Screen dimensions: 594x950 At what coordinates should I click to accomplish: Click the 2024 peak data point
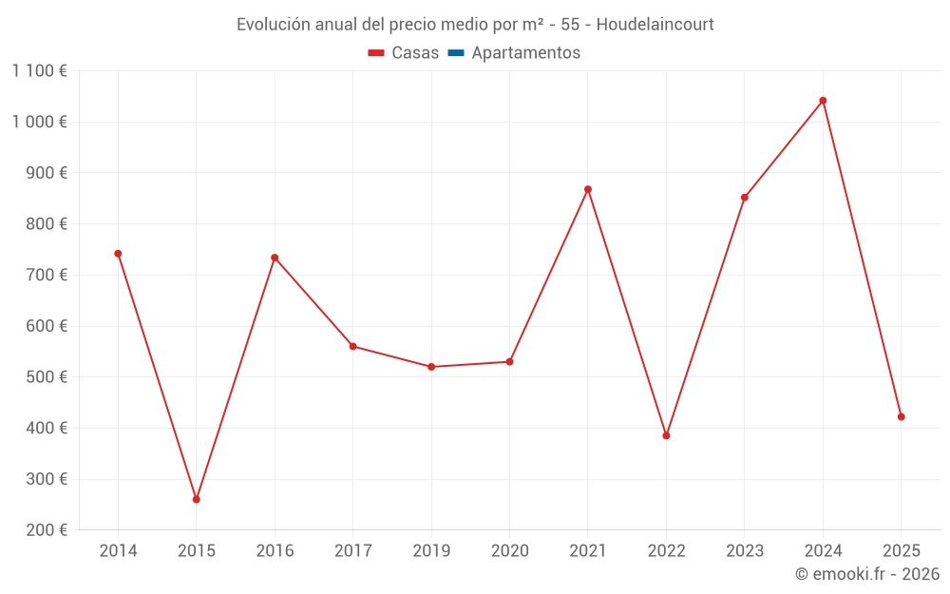pos(823,101)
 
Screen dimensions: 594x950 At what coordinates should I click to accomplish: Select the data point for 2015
pos(197,499)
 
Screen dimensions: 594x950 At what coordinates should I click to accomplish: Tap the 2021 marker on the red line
pos(588,189)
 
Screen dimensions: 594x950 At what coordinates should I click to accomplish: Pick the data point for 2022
pos(666,435)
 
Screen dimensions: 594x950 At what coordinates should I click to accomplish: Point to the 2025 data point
pos(901,416)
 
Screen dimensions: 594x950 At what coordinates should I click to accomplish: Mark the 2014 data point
pos(118,254)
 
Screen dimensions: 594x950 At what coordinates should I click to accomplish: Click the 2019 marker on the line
pos(431,367)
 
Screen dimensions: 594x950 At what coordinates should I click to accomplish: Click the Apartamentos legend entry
pos(525,53)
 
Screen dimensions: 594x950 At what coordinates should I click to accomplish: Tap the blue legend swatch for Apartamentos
pos(455,53)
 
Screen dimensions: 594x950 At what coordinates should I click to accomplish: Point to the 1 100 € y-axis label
pos(40,70)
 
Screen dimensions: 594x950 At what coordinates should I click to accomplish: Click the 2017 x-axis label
pos(353,551)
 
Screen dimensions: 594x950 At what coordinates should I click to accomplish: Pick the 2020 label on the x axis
pos(509,551)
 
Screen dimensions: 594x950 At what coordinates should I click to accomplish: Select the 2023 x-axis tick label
pos(744,551)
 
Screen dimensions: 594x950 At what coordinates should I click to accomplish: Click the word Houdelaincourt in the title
pos(655,24)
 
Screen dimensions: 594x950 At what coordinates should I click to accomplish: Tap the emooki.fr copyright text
pos(867,574)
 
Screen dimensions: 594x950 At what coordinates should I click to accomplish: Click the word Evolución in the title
pos(272,24)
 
